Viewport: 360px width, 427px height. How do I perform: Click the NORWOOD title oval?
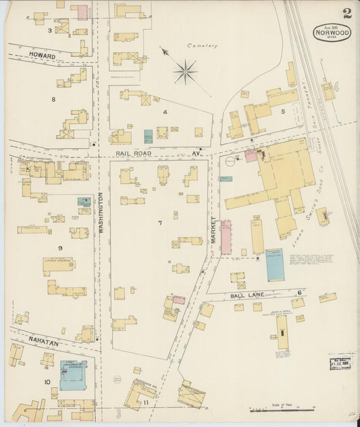click(332, 32)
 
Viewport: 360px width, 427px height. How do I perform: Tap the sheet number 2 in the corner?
click(346, 14)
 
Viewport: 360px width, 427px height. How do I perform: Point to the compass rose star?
click(184, 70)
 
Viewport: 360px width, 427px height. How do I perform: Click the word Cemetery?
click(202, 46)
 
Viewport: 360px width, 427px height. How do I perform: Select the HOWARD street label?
click(41, 55)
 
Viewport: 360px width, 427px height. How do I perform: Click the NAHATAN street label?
click(43, 343)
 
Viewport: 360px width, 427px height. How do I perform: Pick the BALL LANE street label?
click(249, 294)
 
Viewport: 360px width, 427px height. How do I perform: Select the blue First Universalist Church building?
click(73, 374)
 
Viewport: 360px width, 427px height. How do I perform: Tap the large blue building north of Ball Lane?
click(275, 264)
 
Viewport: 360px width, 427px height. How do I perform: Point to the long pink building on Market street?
click(226, 237)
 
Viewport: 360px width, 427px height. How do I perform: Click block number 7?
click(160, 222)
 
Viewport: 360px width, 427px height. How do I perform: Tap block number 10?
click(47, 382)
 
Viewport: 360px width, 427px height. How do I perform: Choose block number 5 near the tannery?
click(284, 110)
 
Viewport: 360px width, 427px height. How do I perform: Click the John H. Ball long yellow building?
click(282, 332)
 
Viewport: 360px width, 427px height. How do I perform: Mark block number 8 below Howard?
click(53, 99)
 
